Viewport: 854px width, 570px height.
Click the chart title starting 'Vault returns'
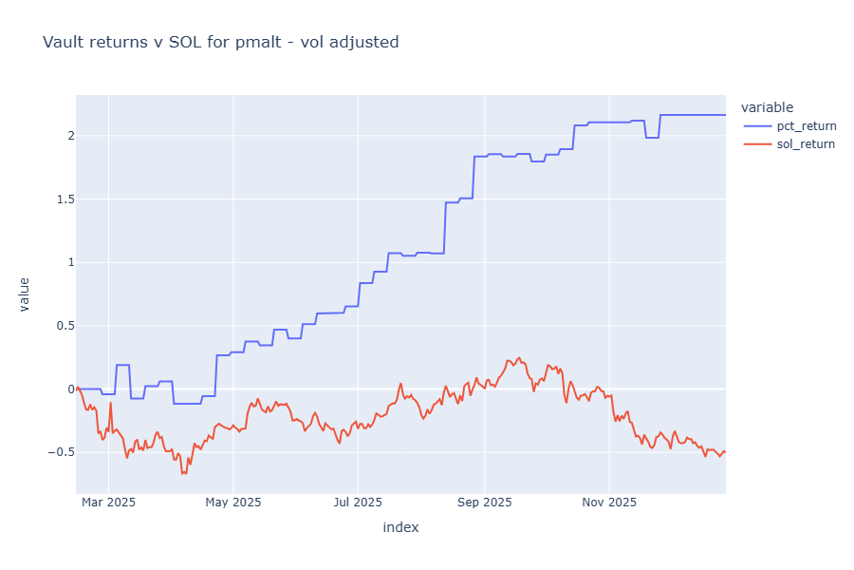[220, 42]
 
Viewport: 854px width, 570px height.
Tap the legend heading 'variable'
[768, 107]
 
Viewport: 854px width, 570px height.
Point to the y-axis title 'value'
[25, 294]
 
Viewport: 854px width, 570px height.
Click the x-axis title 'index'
[400, 527]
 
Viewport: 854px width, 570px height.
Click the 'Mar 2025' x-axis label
[108, 503]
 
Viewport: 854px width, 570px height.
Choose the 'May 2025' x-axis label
[232, 503]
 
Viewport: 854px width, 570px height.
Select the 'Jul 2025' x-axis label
[358, 503]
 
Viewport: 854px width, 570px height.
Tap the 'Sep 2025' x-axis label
[484, 503]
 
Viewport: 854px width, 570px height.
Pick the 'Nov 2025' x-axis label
[609, 503]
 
